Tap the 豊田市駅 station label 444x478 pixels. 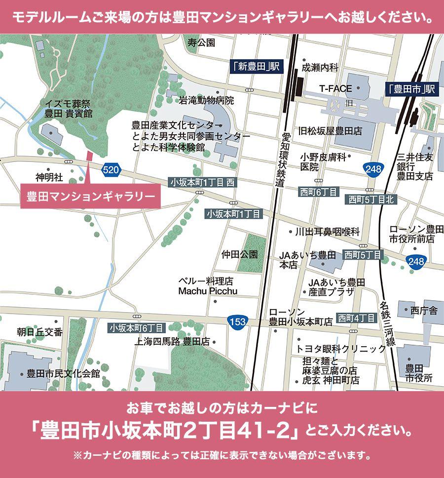410,89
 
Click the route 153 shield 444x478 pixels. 237,321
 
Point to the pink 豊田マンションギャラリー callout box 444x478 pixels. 91,196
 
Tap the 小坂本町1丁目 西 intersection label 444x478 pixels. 202,182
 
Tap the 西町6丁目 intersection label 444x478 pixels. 318,192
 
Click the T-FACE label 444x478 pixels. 335,89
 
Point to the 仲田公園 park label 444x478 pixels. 240,255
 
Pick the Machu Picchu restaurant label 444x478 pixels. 208,291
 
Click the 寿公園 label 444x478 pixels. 201,43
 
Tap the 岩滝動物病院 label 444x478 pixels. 206,101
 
